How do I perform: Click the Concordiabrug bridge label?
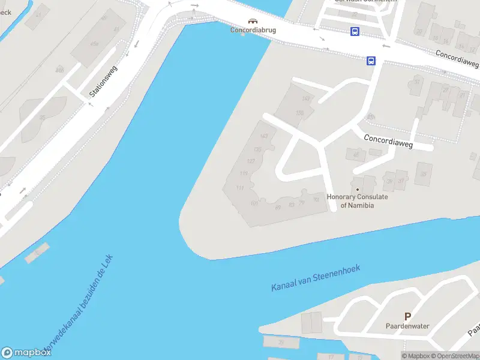253,29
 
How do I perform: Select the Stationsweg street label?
104,82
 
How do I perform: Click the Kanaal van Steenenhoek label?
315,278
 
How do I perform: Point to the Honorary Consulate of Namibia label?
357,201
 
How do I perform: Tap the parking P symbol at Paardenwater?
407,316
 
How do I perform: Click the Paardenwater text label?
407,326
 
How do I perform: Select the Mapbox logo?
26,352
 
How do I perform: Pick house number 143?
264,137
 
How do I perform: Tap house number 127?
251,161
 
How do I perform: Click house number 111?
239,188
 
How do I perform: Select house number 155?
300,113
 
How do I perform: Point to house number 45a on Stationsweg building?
95,43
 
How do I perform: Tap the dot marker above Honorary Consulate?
357,190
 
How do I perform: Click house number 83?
292,205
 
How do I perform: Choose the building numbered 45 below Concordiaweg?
356,155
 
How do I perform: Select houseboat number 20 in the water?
281,343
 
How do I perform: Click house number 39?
389,181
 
